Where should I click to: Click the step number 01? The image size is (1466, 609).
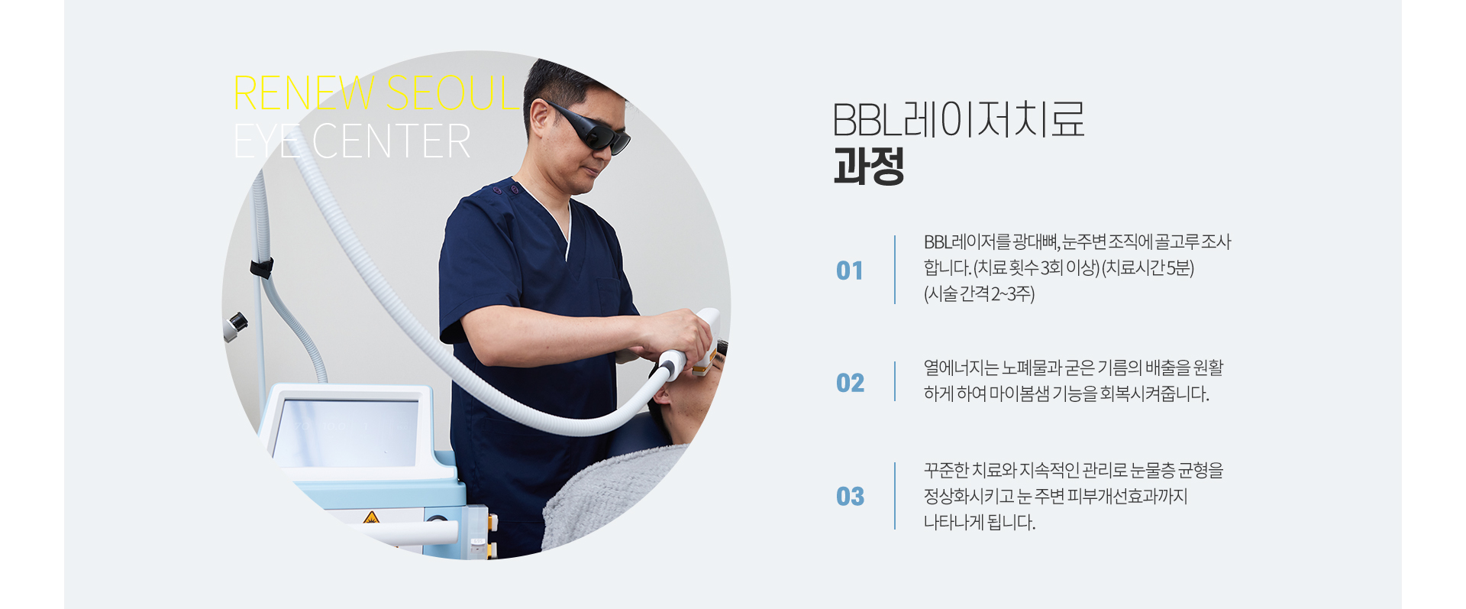849,270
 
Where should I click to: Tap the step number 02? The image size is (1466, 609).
850,383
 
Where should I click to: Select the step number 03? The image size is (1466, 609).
850,497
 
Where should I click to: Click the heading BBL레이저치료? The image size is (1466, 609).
958,119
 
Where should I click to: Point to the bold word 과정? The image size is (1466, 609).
869,167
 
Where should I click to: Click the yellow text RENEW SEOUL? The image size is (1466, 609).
376,93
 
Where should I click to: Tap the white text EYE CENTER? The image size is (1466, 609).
352,141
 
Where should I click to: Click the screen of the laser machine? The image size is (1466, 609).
346,432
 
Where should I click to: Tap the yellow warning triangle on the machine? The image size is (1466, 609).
371,517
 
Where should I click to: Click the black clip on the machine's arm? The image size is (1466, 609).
261,268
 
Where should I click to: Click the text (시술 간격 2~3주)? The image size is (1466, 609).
979,294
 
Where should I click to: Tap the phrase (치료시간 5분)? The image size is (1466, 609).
1148,268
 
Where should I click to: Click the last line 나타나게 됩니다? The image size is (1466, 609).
980,523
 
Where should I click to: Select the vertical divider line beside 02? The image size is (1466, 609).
895,381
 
